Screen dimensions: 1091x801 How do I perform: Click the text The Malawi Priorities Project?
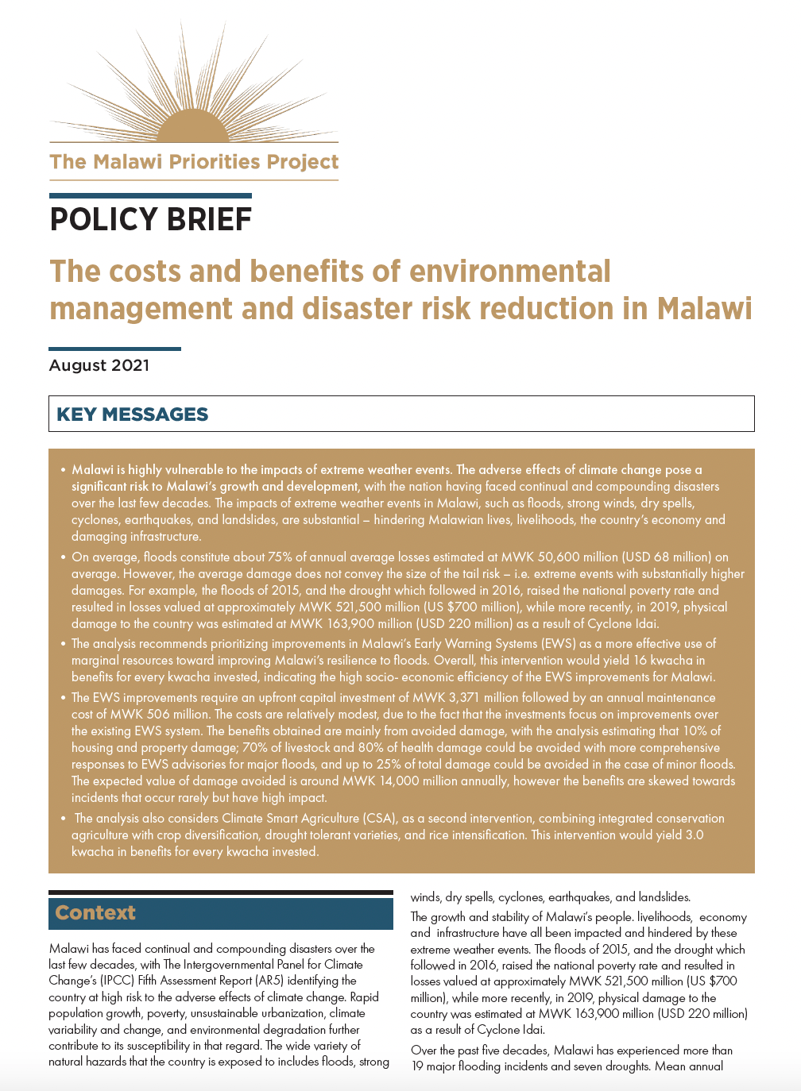(x=194, y=162)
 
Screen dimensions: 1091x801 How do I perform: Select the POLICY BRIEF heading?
(x=150, y=219)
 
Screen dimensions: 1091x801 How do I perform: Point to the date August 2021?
(x=99, y=365)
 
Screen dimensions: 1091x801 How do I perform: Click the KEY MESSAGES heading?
(x=132, y=414)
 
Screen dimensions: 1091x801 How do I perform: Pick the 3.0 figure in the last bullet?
(x=694, y=835)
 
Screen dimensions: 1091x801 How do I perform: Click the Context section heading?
(x=95, y=913)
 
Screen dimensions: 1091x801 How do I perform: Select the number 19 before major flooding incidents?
(x=418, y=1066)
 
